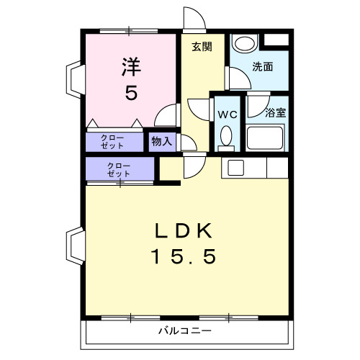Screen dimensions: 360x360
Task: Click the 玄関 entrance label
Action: coord(202,47)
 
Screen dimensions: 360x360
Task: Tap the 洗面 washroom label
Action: coord(262,67)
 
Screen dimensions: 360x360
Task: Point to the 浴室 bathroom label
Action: coord(275,113)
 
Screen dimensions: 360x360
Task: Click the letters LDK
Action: coord(183,232)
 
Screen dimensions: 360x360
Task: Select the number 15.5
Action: coord(183,256)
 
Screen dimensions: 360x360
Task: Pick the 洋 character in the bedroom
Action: coord(130,67)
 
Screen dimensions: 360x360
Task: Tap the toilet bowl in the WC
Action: coord(226,136)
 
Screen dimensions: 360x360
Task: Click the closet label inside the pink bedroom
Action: coord(112,141)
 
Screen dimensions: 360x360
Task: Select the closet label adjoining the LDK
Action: coord(119,170)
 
